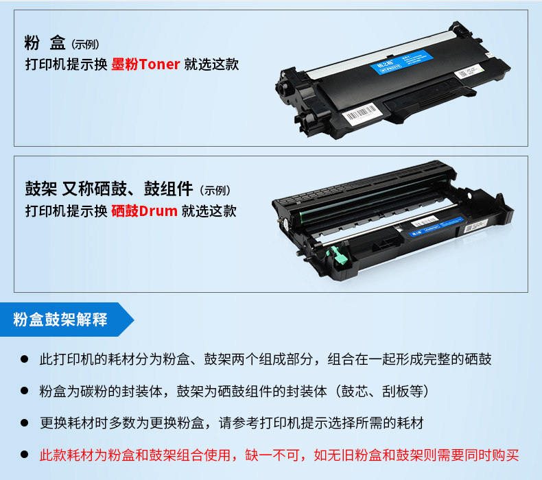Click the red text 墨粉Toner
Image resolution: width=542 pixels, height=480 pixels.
point(145,64)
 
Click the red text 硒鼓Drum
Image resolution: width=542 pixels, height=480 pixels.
point(144,211)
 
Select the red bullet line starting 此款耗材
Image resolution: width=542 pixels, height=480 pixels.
point(279,455)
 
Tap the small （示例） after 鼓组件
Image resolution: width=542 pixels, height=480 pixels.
point(215,190)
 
